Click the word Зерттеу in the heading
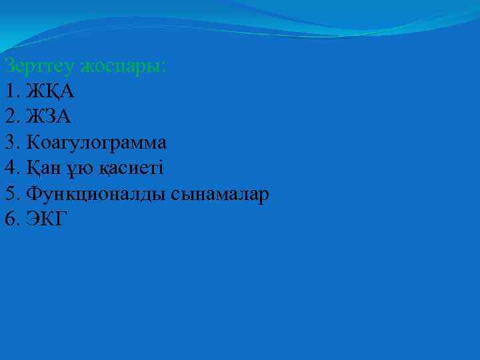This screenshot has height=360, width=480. coord(40,66)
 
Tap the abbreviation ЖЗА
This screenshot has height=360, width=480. coord(49,117)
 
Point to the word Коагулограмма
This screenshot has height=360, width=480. coord(97,142)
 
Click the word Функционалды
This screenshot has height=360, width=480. coord(97,193)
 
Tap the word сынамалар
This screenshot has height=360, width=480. coord(220,193)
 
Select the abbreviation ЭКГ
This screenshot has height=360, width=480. coord(46,218)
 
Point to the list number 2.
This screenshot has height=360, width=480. coord(9,117)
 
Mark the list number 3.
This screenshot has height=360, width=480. coord(9,142)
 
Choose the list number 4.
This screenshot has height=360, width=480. coord(9,167)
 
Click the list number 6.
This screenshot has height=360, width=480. coord(9,218)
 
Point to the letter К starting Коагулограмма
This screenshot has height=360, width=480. coord(33,142)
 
